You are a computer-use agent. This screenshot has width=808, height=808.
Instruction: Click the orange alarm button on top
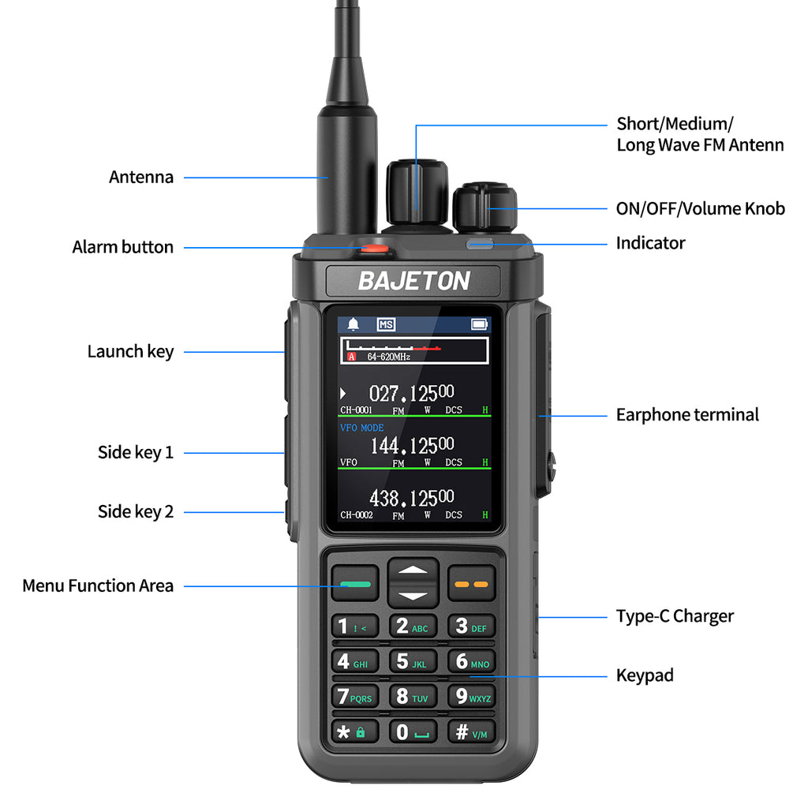pos(375,249)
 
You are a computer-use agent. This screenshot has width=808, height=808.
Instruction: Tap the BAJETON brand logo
pos(413,282)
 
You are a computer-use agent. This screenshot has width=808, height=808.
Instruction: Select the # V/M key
pos(472,731)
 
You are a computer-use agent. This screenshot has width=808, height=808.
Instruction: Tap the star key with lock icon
pos(354,731)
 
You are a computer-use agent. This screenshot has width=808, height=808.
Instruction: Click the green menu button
pos(355,584)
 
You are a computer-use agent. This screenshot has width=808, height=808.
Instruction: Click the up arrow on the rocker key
pos(413,570)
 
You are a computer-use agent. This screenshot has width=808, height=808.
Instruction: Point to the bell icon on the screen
pos(353,324)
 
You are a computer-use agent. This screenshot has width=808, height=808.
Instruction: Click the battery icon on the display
pos(479,324)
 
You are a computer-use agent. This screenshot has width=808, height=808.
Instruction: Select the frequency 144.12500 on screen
pos(412,446)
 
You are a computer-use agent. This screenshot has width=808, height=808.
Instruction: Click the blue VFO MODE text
pos(361,428)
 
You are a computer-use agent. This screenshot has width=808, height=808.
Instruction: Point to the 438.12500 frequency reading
pos(412,499)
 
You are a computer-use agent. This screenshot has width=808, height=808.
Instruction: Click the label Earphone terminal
pos(687,415)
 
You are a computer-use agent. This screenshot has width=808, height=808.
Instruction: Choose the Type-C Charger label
pos(675,616)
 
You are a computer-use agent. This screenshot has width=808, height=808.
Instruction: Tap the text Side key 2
pos(136,511)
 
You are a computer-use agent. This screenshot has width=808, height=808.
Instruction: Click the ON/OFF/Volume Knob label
pos(701,208)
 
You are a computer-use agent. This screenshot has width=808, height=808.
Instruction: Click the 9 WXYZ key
pos(472,696)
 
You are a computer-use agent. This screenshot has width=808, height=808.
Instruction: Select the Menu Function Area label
pos(98,586)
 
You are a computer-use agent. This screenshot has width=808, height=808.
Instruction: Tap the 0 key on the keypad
pos(413,731)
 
